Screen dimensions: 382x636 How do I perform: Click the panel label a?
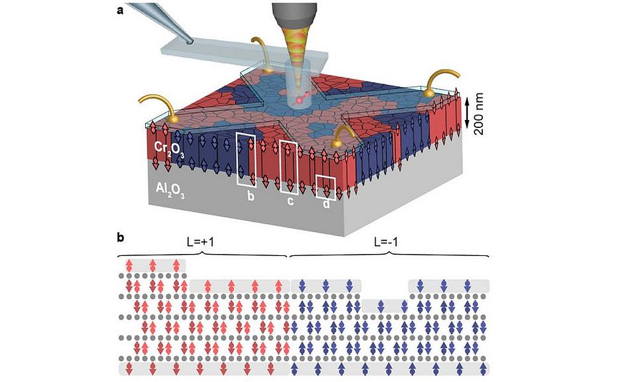coord(120,10)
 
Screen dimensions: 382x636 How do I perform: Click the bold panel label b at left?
coord(120,236)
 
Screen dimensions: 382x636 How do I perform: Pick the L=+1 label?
coord(202,243)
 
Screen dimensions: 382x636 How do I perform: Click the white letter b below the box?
coord(251,196)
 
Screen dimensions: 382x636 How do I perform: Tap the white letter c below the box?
coord(290,200)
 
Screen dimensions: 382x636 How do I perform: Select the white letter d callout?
coord(326,204)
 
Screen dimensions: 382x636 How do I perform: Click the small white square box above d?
coord(325,186)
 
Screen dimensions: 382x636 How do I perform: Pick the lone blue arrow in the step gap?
coord(380,306)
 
